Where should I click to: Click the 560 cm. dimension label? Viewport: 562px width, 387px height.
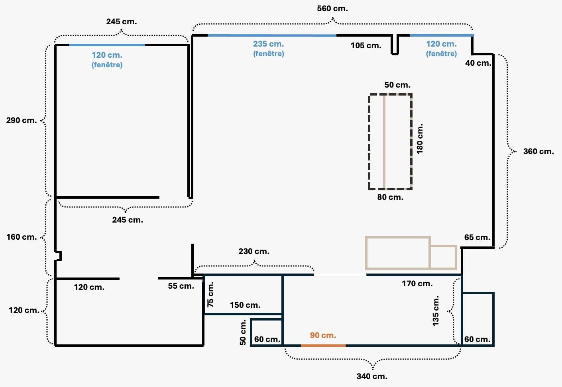[332, 8]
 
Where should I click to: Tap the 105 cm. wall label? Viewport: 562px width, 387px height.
[366, 46]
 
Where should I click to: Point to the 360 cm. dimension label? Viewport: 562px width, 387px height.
[538, 151]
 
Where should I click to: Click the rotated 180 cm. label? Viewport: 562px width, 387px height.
[419, 139]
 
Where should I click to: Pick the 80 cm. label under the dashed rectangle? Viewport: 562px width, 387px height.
[390, 197]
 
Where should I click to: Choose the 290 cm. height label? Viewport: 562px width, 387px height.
[22, 120]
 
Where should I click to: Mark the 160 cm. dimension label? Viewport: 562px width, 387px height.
[22, 237]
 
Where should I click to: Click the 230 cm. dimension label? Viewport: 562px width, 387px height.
[253, 251]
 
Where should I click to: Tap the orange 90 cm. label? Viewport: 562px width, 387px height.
[323, 335]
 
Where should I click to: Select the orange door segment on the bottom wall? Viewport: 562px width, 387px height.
[323, 346]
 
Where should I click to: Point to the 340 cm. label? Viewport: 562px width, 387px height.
[372, 376]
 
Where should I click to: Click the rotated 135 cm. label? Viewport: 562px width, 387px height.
[436, 311]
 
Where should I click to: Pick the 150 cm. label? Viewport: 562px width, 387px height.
[245, 305]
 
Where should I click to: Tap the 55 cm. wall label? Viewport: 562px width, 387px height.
[181, 286]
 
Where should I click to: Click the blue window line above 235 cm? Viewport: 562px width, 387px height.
[272, 35]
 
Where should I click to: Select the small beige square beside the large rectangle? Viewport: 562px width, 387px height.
[443, 257]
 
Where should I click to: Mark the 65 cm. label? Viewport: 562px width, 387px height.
[477, 237]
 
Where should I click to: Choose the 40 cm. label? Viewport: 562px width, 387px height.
[478, 63]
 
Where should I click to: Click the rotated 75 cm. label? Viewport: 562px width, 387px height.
[210, 295]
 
